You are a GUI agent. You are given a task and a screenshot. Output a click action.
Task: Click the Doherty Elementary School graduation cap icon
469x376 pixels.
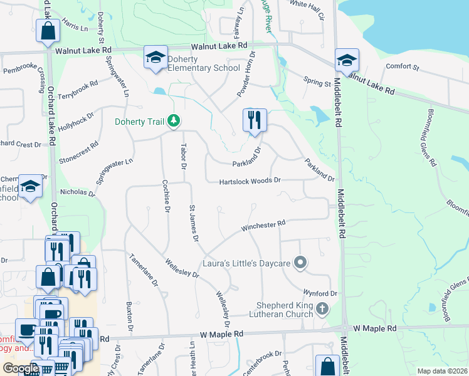point(155,58)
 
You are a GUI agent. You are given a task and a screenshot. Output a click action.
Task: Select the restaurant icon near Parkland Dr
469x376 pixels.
point(255,120)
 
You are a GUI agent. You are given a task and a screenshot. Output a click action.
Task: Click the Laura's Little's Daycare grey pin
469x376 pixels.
point(301,263)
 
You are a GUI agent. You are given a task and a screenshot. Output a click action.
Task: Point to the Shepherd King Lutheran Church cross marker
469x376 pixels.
point(322,308)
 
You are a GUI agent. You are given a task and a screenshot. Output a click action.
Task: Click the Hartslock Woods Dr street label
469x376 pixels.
point(250,182)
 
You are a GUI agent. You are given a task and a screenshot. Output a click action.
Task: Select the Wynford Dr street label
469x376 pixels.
point(320,293)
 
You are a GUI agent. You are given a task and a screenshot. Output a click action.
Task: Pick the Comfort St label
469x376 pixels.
point(402,66)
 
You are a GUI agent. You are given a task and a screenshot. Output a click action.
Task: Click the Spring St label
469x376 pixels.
point(317,83)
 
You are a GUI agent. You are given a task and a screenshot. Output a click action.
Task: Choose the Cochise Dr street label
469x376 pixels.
point(167,197)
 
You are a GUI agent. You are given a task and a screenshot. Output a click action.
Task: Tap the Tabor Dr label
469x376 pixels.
point(184,157)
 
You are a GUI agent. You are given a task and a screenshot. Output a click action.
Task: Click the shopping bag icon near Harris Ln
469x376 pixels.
point(48,31)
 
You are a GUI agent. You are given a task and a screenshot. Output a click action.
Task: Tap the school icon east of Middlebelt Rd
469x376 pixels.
point(346,61)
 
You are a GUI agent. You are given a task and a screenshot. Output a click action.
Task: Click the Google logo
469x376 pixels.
point(21,368)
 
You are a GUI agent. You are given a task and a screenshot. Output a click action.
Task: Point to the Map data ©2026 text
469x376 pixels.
point(441,371)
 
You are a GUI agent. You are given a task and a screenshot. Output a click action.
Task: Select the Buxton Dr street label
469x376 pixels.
point(130,318)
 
